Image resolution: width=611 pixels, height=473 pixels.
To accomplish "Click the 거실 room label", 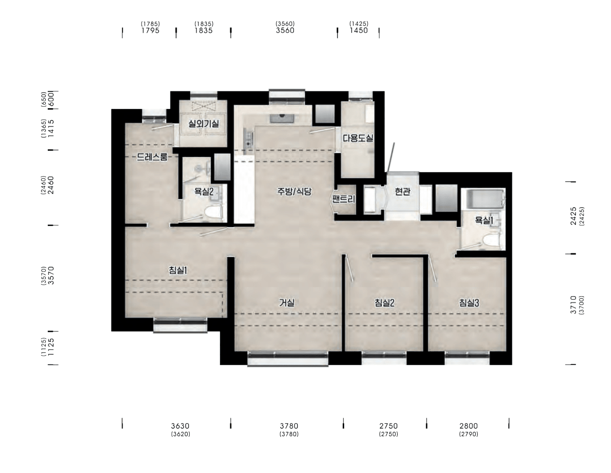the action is [x=287, y=303].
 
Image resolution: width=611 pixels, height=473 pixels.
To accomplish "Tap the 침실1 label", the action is [x=178, y=270].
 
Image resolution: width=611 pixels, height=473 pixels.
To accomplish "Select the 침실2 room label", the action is [x=384, y=303].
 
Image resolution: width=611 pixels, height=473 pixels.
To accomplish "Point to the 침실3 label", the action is [x=469, y=303].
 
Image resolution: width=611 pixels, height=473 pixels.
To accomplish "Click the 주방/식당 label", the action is [x=294, y=192].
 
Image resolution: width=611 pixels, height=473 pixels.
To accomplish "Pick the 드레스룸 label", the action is [x=152, y=157].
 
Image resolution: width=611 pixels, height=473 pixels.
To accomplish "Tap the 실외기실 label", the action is [x=204, y=124].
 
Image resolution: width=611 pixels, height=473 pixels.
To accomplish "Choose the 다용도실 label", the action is [x=358, y=138].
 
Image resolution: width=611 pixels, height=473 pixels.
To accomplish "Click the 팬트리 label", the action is [x=343, y=199].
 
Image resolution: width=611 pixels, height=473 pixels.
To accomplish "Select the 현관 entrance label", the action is [x=403, y=192].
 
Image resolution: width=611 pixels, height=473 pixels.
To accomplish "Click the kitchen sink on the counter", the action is [x=282, y=119].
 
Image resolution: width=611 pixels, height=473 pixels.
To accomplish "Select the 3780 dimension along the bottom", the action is [x=289, y=426].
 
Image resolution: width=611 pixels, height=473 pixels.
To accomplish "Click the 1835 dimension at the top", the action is [x=204, y=30].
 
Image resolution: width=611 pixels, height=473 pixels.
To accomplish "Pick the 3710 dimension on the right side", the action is [x=574, y=305].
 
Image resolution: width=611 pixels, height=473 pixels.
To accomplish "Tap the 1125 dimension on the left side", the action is [x=51, y=347].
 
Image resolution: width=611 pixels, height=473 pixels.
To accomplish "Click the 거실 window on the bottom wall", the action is [x=288, y=358].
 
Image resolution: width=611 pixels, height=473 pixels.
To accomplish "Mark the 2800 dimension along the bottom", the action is [x=469, y=426].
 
